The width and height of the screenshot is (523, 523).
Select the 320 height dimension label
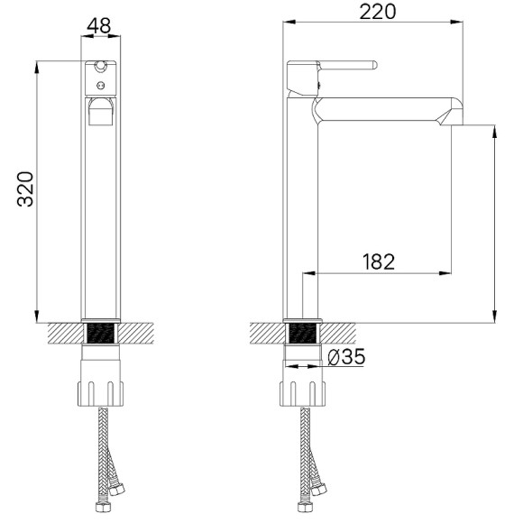coord(26,189)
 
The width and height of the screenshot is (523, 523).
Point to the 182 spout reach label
coord(379,261)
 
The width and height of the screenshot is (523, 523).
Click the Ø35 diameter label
coord(347,358)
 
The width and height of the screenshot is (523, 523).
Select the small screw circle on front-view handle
coord(101,85)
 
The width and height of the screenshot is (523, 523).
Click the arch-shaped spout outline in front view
coord(100,113)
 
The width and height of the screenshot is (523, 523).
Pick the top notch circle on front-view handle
coord(101,67)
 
